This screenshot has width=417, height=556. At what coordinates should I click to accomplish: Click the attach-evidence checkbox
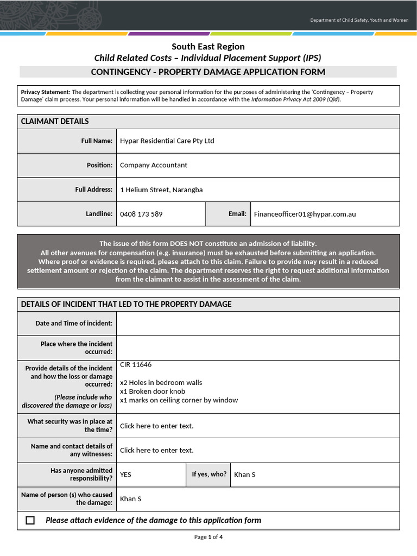(x=30, y=520)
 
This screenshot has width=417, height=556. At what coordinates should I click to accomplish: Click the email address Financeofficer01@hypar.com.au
(x=305, y=214)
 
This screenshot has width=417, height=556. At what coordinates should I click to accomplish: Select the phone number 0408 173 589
(x=141, y=214)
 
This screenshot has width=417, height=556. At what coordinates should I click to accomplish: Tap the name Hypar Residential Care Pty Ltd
(x=167, y=141)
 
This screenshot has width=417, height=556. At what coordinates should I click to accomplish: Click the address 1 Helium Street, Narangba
(x=161, y=189)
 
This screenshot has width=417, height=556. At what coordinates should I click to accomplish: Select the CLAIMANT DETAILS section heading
(x=55, y=121)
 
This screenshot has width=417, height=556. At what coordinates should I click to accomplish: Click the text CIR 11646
(x=136, y=365)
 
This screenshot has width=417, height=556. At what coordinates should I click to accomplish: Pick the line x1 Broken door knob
(x=153, y=391)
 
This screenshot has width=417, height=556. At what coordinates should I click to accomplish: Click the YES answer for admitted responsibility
(x=125, y=475)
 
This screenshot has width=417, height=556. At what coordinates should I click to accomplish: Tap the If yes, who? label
(x=209, y=474)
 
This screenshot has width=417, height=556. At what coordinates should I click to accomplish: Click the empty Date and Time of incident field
(x=257, y=323)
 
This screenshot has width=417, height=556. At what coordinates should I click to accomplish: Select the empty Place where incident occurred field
(x=257, y=347)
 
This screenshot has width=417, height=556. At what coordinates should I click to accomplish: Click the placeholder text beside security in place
(x=156, y=426)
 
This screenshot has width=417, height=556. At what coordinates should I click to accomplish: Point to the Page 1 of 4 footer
(x=208, y=537)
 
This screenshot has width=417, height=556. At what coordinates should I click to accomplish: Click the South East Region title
(x=208, y=47)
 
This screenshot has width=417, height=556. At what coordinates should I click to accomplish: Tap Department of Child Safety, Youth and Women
(x=359, y=20)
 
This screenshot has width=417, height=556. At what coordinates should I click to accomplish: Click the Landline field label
(x=99, y=214)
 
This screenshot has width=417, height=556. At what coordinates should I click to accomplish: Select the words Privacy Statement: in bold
(x=46, y=92)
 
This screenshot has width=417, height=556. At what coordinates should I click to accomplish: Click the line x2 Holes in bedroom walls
(x=161, y=382)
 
